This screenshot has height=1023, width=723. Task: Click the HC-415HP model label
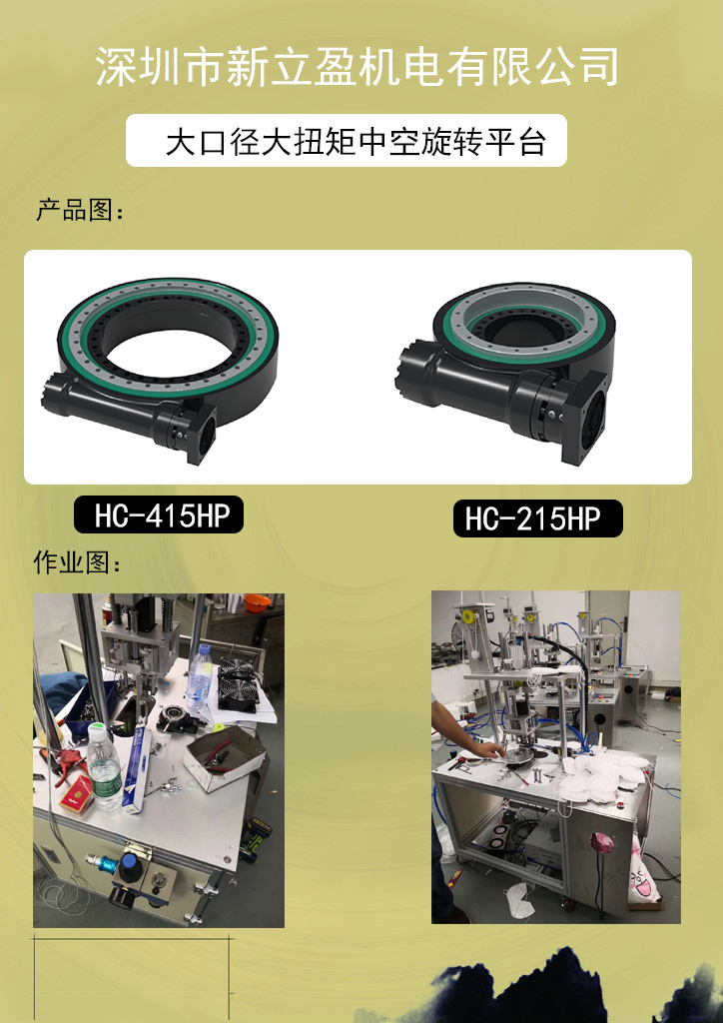click(159, 514)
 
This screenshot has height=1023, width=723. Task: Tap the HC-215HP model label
click(538, 518)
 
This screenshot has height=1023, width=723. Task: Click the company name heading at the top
click(358, 67)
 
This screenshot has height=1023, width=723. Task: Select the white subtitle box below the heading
click(347, 140)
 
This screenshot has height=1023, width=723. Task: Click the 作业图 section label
click(78, 563)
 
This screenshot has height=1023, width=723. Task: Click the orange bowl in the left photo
click(257, 602)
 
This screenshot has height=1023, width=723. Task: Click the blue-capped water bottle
click(199, 677)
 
